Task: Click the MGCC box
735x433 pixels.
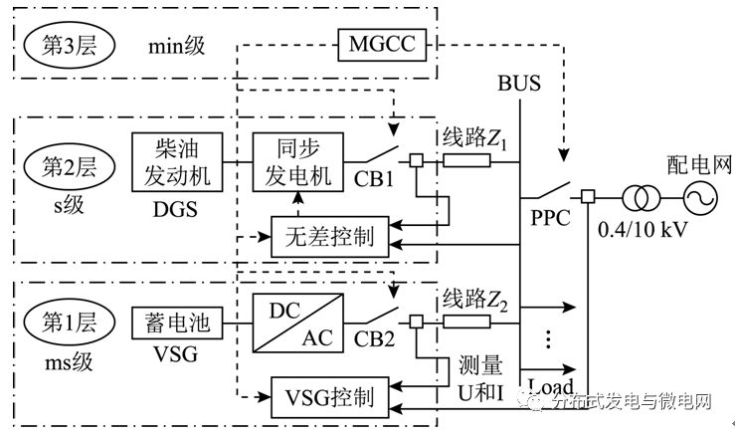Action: (383, 45)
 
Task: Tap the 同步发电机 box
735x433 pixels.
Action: (296, 159)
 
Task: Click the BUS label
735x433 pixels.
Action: (518, 84)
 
